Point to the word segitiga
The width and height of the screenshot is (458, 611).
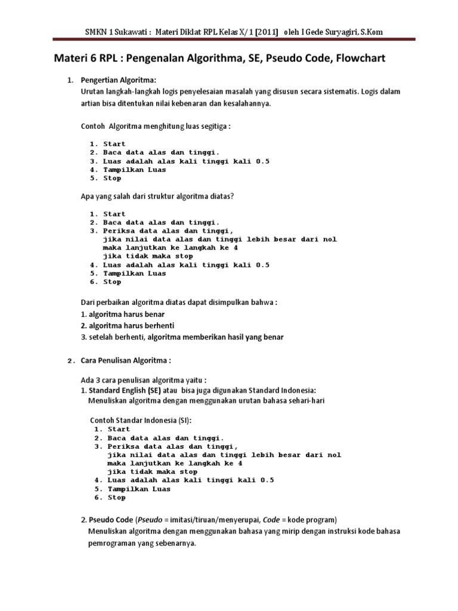[213, 126]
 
